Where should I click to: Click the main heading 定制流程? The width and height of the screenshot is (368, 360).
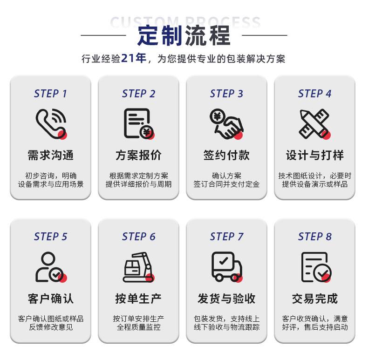(x=184, y=36)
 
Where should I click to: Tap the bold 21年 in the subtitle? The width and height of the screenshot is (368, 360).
(x=134, y=58)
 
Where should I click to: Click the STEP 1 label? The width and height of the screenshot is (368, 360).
(x=50, y=94)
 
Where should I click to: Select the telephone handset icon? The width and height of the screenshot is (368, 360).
(x=51, y=124)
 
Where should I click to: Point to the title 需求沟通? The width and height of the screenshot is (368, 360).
(x=50, y=156)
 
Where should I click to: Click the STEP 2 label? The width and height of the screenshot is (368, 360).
(x=138, y=94)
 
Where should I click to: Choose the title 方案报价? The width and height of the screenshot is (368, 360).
(x=138, y=156)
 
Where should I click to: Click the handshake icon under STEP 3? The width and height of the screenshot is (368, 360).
(x=226, y=124)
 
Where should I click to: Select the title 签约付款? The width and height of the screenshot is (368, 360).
(x=226, y=156)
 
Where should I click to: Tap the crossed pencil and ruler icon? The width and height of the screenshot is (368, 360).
(x=314, y=124)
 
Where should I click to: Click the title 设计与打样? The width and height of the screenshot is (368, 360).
(x=314, y=156)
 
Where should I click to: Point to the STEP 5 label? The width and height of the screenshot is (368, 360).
(x=50, y=237)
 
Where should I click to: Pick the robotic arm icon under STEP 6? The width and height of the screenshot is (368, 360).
(x=139, y=267)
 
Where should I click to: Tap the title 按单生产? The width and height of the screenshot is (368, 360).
(x=138, y=299)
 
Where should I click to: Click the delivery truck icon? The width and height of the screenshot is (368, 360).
(x=227, y=267)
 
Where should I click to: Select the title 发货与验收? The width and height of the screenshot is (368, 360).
(x=226, y=299)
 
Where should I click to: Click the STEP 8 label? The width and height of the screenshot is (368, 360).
(x=315, y=237)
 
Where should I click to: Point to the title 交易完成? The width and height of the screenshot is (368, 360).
(x=314, y=299)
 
